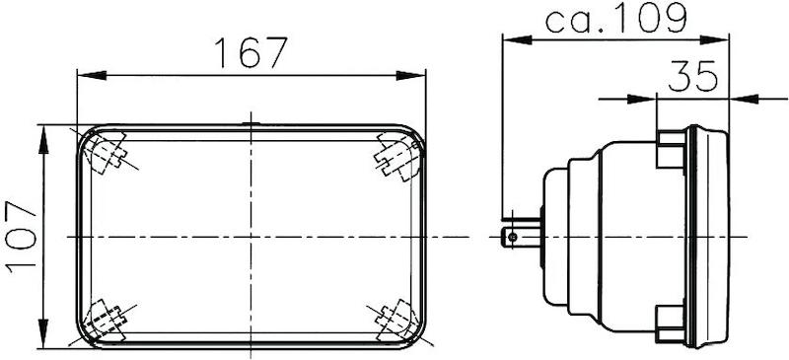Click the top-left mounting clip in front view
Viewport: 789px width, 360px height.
click(108, 154)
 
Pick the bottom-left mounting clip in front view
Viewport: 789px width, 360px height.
click(105, 319)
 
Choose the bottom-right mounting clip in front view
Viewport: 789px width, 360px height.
click(394, 319)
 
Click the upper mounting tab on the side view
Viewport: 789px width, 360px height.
click(671, 148)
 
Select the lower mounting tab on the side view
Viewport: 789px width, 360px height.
click(671, 321)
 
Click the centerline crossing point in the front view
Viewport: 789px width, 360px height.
click(251, 237)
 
